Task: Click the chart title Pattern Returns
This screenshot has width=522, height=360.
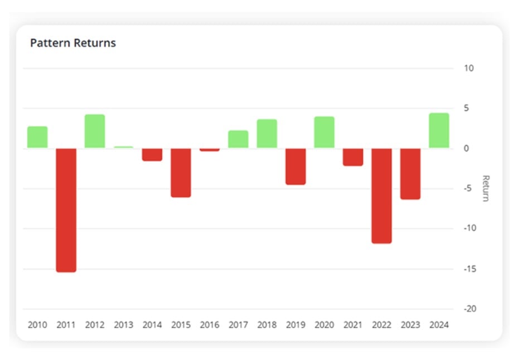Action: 73,43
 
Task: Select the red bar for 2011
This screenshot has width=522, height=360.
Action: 66,210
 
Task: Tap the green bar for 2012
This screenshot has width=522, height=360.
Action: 95,132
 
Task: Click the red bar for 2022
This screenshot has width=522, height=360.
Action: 381,196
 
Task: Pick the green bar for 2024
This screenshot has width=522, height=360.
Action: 439,131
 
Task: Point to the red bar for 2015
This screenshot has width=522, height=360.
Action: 181,173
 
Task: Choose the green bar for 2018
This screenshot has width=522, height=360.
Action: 267,134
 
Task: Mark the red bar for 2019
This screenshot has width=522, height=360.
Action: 296,166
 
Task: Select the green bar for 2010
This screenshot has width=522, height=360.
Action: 37,137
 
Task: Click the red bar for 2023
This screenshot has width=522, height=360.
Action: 410,174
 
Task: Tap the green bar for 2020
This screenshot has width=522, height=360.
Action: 324,133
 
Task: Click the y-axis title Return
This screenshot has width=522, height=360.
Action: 485,188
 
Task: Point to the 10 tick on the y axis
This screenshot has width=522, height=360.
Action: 468,69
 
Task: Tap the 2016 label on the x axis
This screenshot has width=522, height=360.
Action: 210,324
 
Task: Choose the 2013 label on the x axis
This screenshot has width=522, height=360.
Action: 123,324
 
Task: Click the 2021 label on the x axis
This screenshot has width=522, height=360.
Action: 352,324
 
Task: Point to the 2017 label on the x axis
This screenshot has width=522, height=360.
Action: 238,324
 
